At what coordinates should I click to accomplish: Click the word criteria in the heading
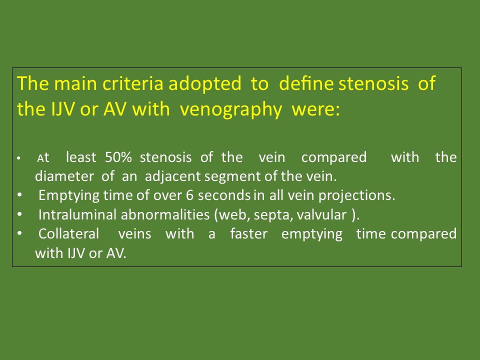[132, 83]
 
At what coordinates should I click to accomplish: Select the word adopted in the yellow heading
[205, 83]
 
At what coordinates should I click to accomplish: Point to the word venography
[230, 109]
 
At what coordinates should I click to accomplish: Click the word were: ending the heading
[315, 109]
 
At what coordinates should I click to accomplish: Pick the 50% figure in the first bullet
[118, 157]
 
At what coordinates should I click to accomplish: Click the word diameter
[64, 176]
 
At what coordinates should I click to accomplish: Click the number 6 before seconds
[190, 195]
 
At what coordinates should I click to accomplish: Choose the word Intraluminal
[78, 214]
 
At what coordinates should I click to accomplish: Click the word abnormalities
[165, 214]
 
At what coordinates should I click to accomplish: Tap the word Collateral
[68, 234]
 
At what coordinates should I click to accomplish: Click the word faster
[248, 233]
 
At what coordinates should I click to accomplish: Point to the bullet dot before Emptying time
[19, 194]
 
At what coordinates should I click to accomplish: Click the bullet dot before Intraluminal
[19, 214]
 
